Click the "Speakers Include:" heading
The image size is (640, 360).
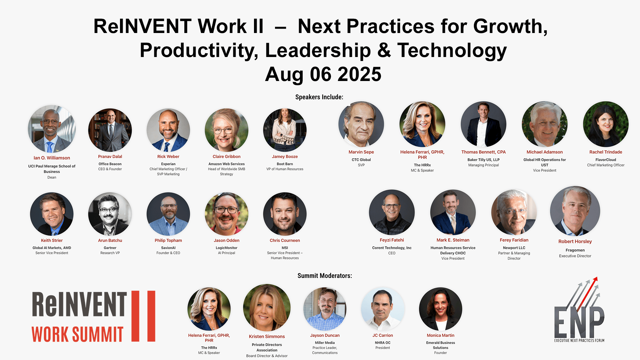tap(319, 97)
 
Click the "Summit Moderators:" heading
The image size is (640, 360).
tap(325, 276)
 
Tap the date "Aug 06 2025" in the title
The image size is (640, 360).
tap(323, 74)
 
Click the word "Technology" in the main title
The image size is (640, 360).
tap(452, 51)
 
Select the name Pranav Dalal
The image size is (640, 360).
tap(110, 156)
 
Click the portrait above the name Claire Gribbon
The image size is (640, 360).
tap(227, 130)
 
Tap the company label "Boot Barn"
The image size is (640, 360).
tap(285, 164)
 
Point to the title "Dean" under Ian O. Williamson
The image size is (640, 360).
tap(52, 177)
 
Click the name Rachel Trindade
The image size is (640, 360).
tap(606, 152)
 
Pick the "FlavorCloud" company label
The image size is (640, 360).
tap(606, 160)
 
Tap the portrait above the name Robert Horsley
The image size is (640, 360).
tap(575, 211)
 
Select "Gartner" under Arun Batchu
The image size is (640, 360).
tap(110, 248)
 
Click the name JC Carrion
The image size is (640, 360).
tap(383, 335)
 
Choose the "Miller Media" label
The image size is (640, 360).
tap(325, 343)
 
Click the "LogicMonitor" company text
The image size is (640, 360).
tap(226, 248)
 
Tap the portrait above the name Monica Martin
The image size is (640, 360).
tap(440, 309)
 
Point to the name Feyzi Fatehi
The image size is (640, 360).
tap(392, 240)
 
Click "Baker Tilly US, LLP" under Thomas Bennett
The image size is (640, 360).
tap(483, 160)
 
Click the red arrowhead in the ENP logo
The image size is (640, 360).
tap(595, 279)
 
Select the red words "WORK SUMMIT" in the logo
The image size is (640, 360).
tap(77, 334)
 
